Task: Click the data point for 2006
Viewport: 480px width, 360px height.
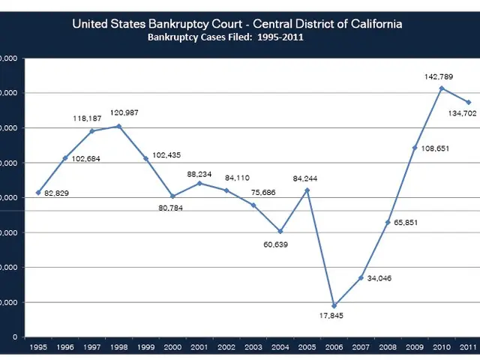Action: [334, 306]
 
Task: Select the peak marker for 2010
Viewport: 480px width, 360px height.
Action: [442, 88]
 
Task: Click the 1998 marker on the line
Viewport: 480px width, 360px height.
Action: [118, 126]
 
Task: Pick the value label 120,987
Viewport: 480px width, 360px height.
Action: [124, 112]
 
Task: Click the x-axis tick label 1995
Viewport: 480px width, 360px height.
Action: [37, 346]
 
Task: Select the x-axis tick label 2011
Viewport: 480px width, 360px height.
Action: [469, 346]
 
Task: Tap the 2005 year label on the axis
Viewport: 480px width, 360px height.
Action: [307, 346]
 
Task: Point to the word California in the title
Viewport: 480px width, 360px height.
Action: [373, 24]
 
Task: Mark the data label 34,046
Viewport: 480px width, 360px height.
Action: [379, 278]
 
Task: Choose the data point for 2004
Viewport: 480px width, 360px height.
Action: [280, 231]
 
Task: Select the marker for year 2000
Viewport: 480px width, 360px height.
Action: [172, 196]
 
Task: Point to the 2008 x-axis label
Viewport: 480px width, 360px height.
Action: [388, 346]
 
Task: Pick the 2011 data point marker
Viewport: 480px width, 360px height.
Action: [469, 102]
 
